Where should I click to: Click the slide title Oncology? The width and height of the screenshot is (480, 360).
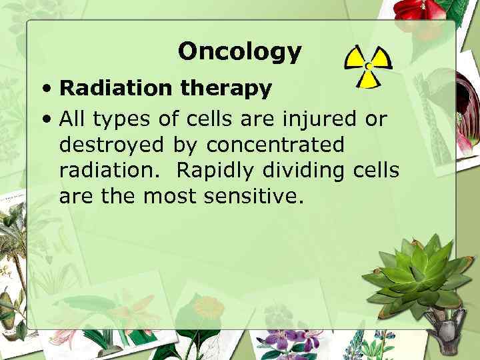[x=240, y=51]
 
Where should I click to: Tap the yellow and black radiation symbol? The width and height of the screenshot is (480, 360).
[x=367, y=66]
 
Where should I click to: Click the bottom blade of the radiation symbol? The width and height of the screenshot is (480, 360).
[x=367, y=80]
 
